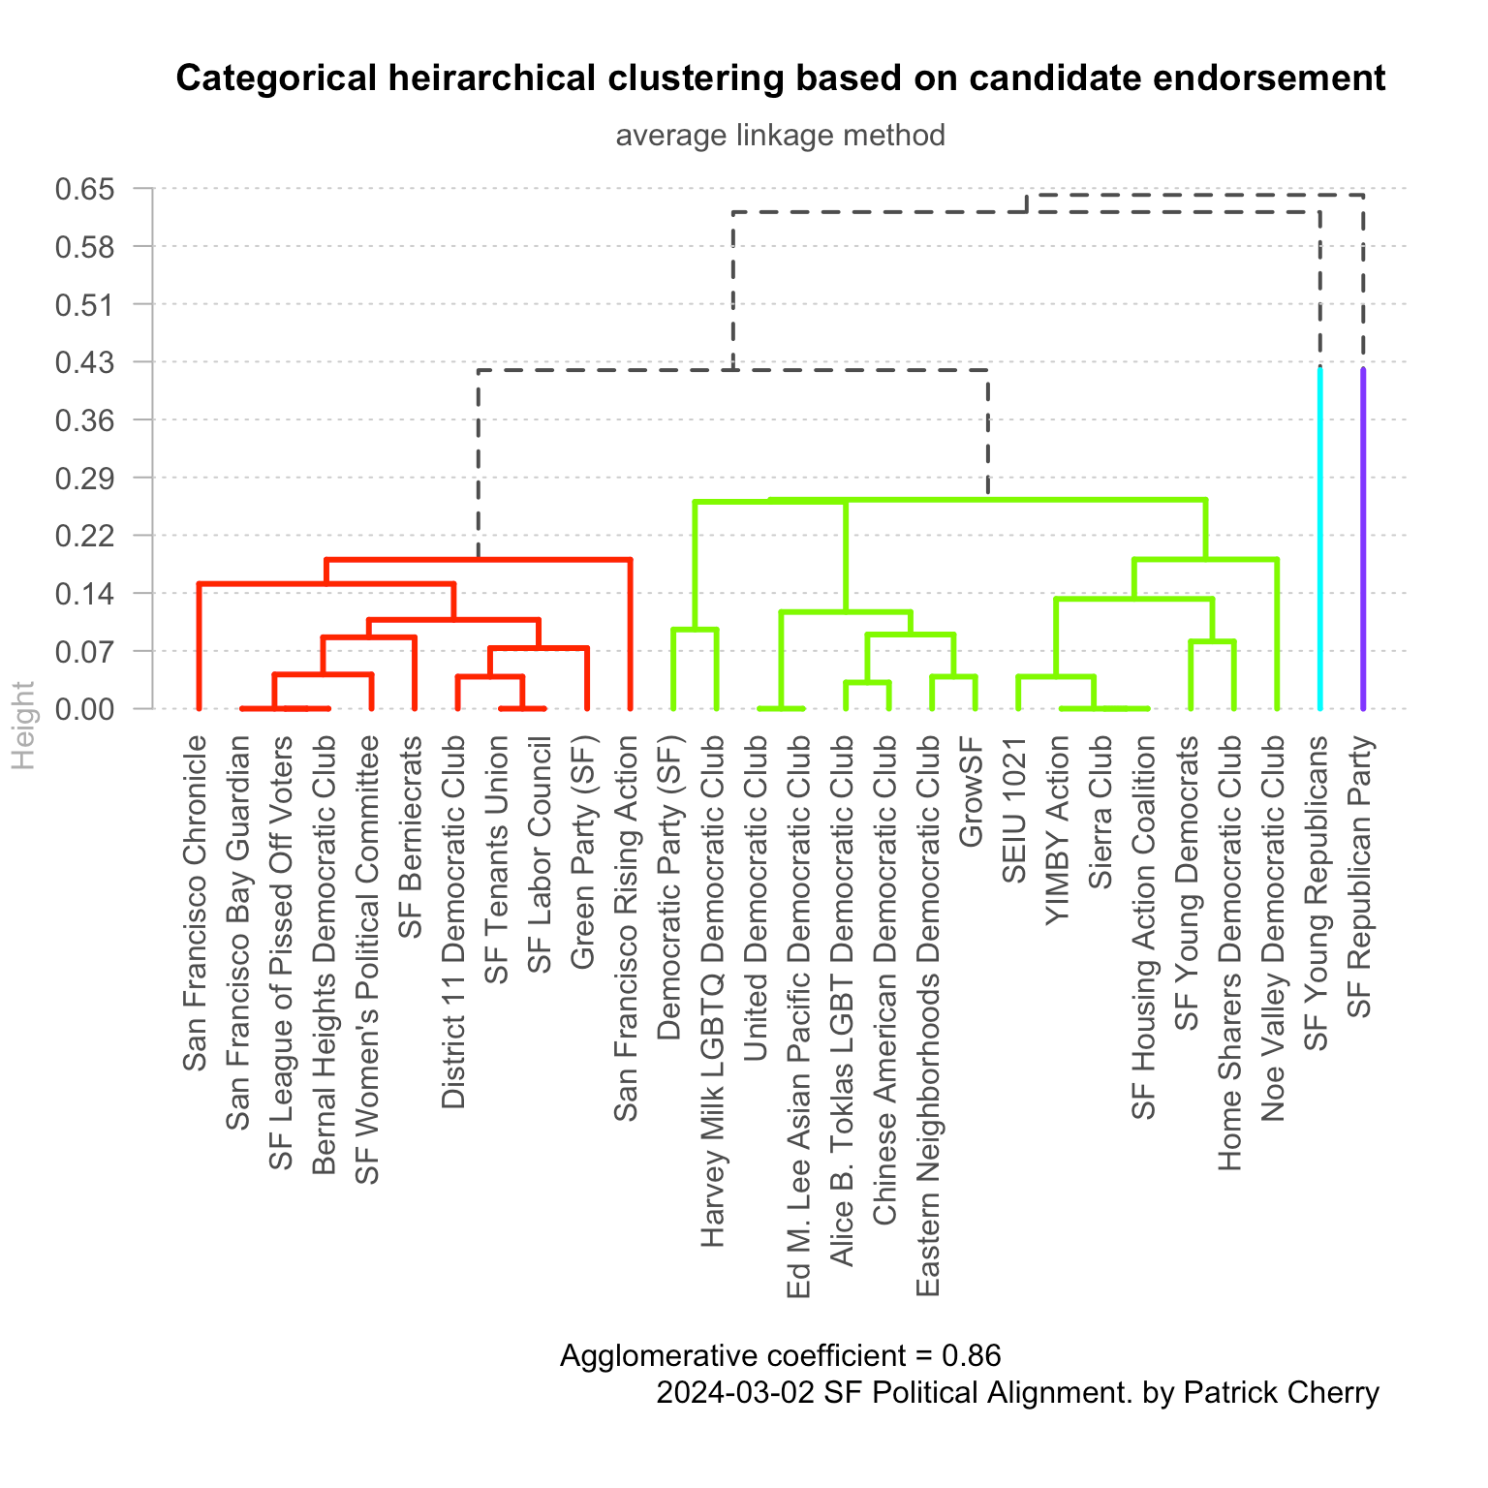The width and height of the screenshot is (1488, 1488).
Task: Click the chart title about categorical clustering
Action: tap(780, 78)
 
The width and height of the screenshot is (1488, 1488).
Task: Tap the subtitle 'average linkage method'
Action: tap(780, 135)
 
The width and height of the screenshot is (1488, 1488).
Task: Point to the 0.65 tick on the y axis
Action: tap(98, 189)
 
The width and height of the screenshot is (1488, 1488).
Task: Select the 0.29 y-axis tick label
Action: tap(98, 479)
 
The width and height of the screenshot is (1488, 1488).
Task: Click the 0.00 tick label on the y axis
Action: tap(98, 709)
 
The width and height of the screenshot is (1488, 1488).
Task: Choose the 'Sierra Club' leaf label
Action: tap(1100, 812)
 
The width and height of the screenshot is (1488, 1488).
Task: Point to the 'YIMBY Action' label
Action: tap(1057, 830)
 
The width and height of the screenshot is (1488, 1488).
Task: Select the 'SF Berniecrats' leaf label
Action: tap(411, 837)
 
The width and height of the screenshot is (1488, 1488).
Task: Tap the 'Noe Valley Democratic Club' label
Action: tap(1274, 928)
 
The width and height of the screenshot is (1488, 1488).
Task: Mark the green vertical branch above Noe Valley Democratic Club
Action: tap(1277, 635)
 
